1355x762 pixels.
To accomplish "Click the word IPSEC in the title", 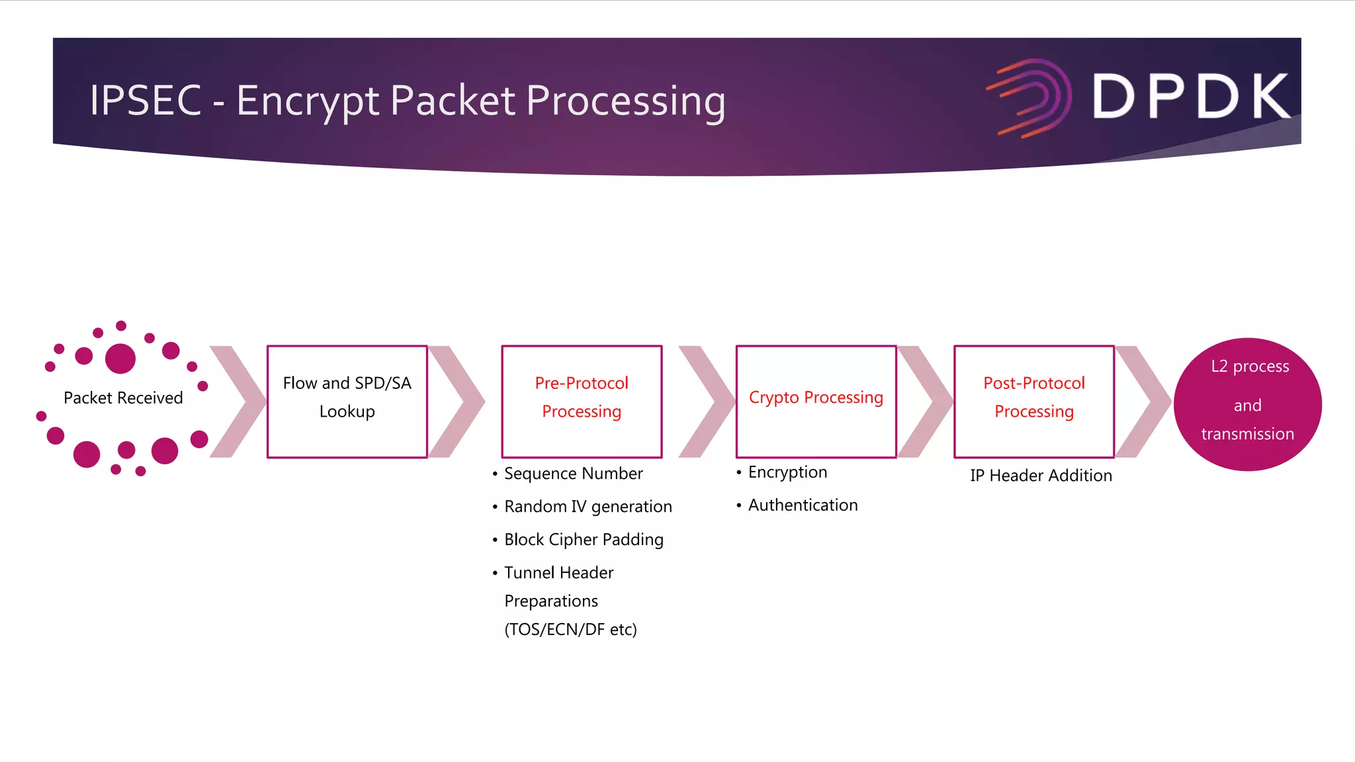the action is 146,101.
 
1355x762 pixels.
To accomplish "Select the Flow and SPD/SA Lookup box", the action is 347,401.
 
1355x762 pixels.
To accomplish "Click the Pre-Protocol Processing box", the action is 582,401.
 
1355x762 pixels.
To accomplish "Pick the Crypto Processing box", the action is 816,401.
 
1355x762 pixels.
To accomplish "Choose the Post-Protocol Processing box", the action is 1033,401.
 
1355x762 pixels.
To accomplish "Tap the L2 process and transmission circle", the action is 1247,404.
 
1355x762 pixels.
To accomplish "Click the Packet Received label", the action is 123,398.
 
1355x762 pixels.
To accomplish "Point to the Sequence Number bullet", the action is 573,474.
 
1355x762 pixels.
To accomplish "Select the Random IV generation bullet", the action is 588,507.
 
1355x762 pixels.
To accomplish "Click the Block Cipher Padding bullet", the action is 584,540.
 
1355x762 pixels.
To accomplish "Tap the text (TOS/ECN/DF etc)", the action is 570,630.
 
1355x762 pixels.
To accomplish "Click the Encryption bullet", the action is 787,472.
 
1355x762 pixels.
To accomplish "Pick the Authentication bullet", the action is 803,505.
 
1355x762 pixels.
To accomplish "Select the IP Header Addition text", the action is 1041,476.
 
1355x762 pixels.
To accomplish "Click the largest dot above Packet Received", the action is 120,359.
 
